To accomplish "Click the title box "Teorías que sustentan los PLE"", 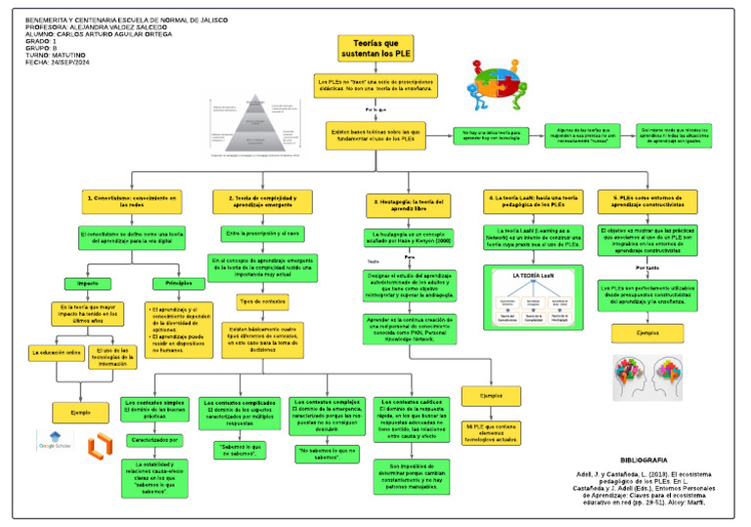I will click(375, 46).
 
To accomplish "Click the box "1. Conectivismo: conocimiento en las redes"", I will click(132, 202).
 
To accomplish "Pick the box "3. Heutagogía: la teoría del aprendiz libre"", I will click(408, 204).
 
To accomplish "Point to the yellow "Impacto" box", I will click(87, 284).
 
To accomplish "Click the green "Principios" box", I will click(179, 284).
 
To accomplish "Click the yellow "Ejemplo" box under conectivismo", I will click(73, 413).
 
